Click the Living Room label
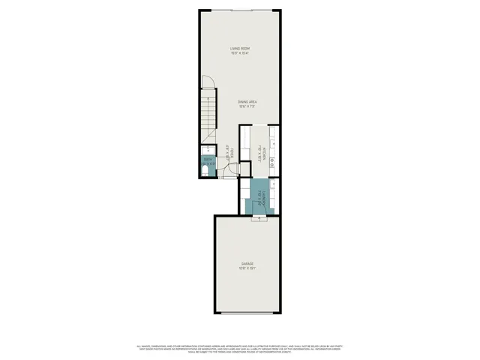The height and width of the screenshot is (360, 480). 239,49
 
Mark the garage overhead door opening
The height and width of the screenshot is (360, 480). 247,313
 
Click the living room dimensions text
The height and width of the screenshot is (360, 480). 239,54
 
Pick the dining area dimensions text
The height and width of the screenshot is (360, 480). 248,106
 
